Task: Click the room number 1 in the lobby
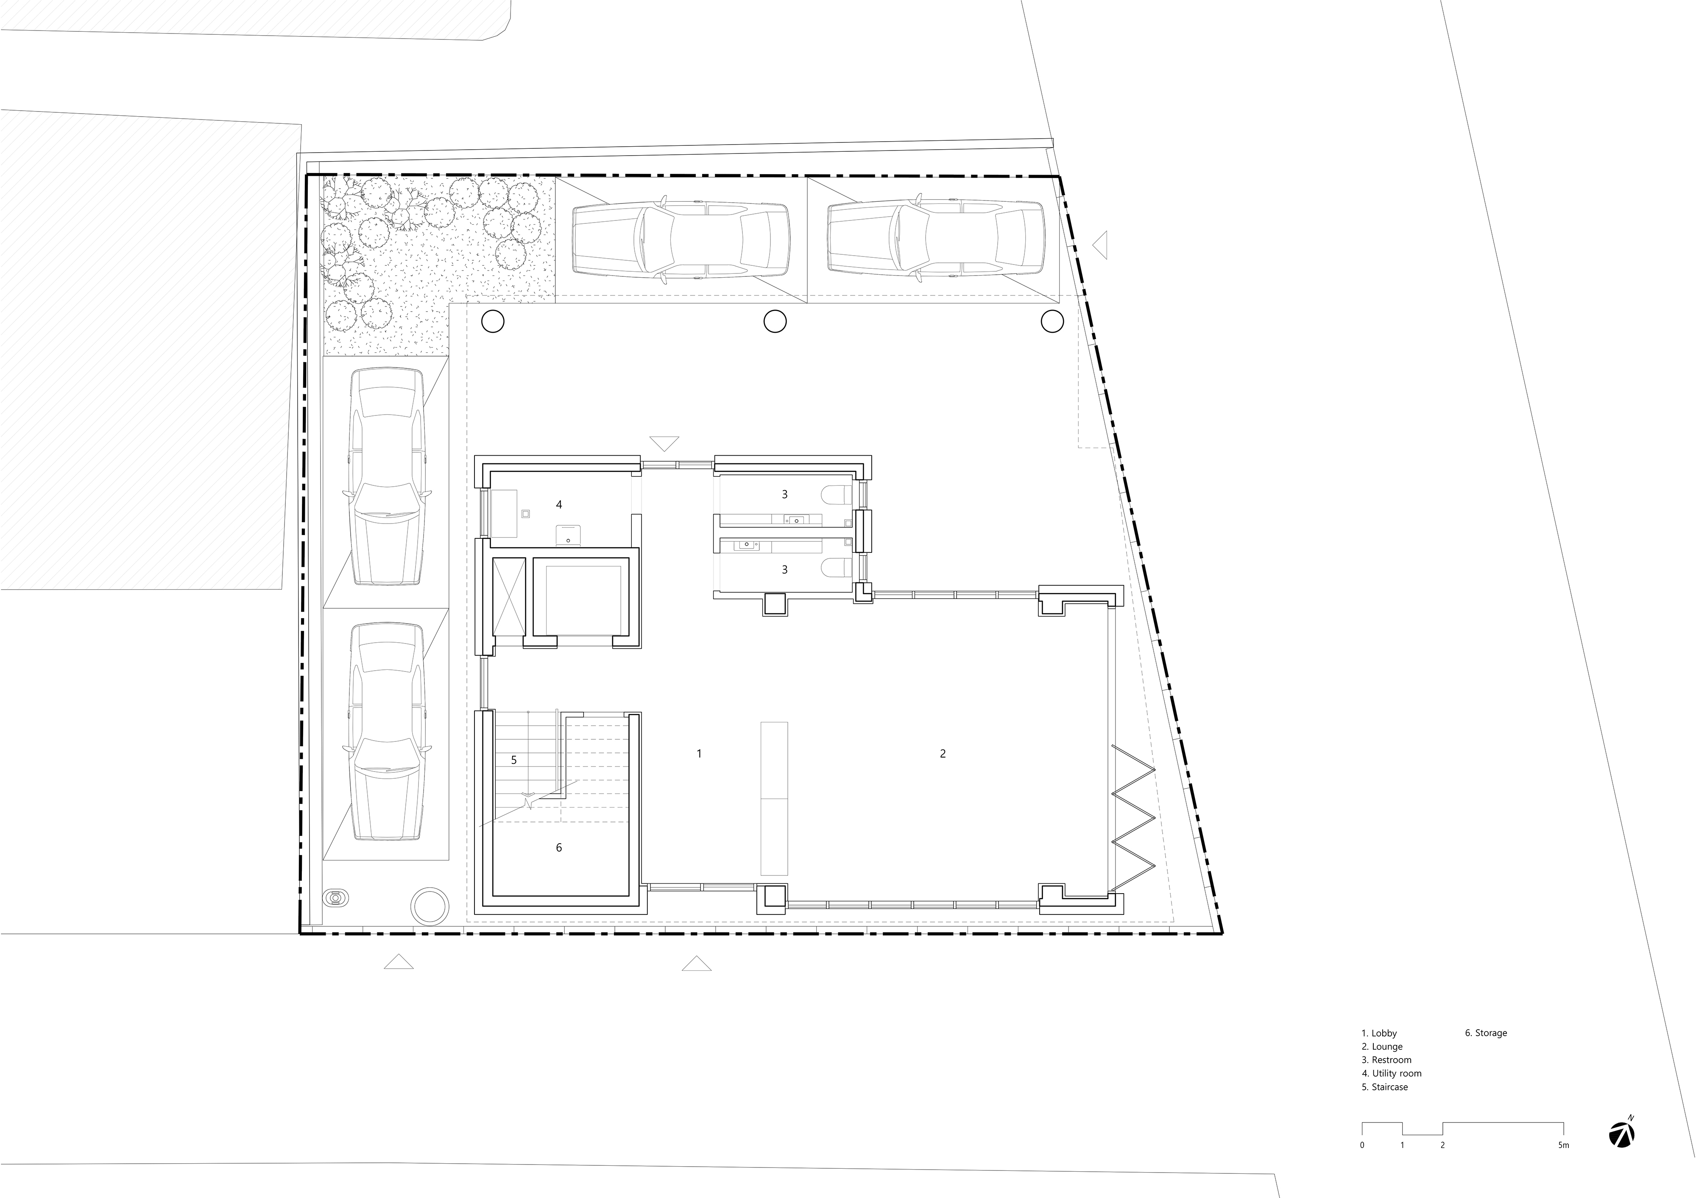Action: (699, 753)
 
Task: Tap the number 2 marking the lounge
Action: (943, 753)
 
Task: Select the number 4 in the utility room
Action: (559, 504)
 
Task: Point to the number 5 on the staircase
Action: (514, 759)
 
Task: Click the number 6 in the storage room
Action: (559, 847)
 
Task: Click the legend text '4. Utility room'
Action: (1392, 1073)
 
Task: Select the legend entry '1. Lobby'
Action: (1379, 1033)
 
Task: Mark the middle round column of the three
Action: (775, 321)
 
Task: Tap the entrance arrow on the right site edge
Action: (1101, 245)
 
